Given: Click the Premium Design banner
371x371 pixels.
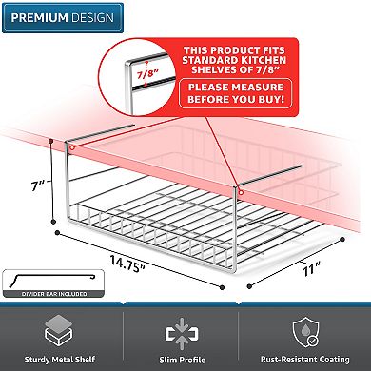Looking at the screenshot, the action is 63,18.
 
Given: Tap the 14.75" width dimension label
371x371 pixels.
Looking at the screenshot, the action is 127,264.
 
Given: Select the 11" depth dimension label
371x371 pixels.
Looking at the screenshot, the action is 311,269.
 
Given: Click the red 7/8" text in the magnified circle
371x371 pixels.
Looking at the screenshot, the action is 147,74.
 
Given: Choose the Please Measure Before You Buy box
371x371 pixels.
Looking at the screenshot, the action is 236,93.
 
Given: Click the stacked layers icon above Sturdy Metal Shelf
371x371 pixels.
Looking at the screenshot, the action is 59,331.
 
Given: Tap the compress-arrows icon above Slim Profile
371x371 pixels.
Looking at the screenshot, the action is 182,334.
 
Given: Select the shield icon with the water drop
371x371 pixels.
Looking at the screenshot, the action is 305,332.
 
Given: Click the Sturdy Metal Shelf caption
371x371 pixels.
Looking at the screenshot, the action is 60,360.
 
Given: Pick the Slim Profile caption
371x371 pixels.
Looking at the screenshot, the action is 183,360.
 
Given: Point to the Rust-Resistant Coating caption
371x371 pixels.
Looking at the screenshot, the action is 305,360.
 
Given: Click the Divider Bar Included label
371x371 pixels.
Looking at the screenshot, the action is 54,294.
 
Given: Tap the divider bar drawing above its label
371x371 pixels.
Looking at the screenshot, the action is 52,280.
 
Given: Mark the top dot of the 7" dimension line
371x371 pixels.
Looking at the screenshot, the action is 50,140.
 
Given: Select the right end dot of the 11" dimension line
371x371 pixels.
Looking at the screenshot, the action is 342,240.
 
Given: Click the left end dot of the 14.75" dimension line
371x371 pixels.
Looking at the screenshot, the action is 57,233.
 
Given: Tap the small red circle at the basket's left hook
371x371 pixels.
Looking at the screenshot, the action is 72,147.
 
